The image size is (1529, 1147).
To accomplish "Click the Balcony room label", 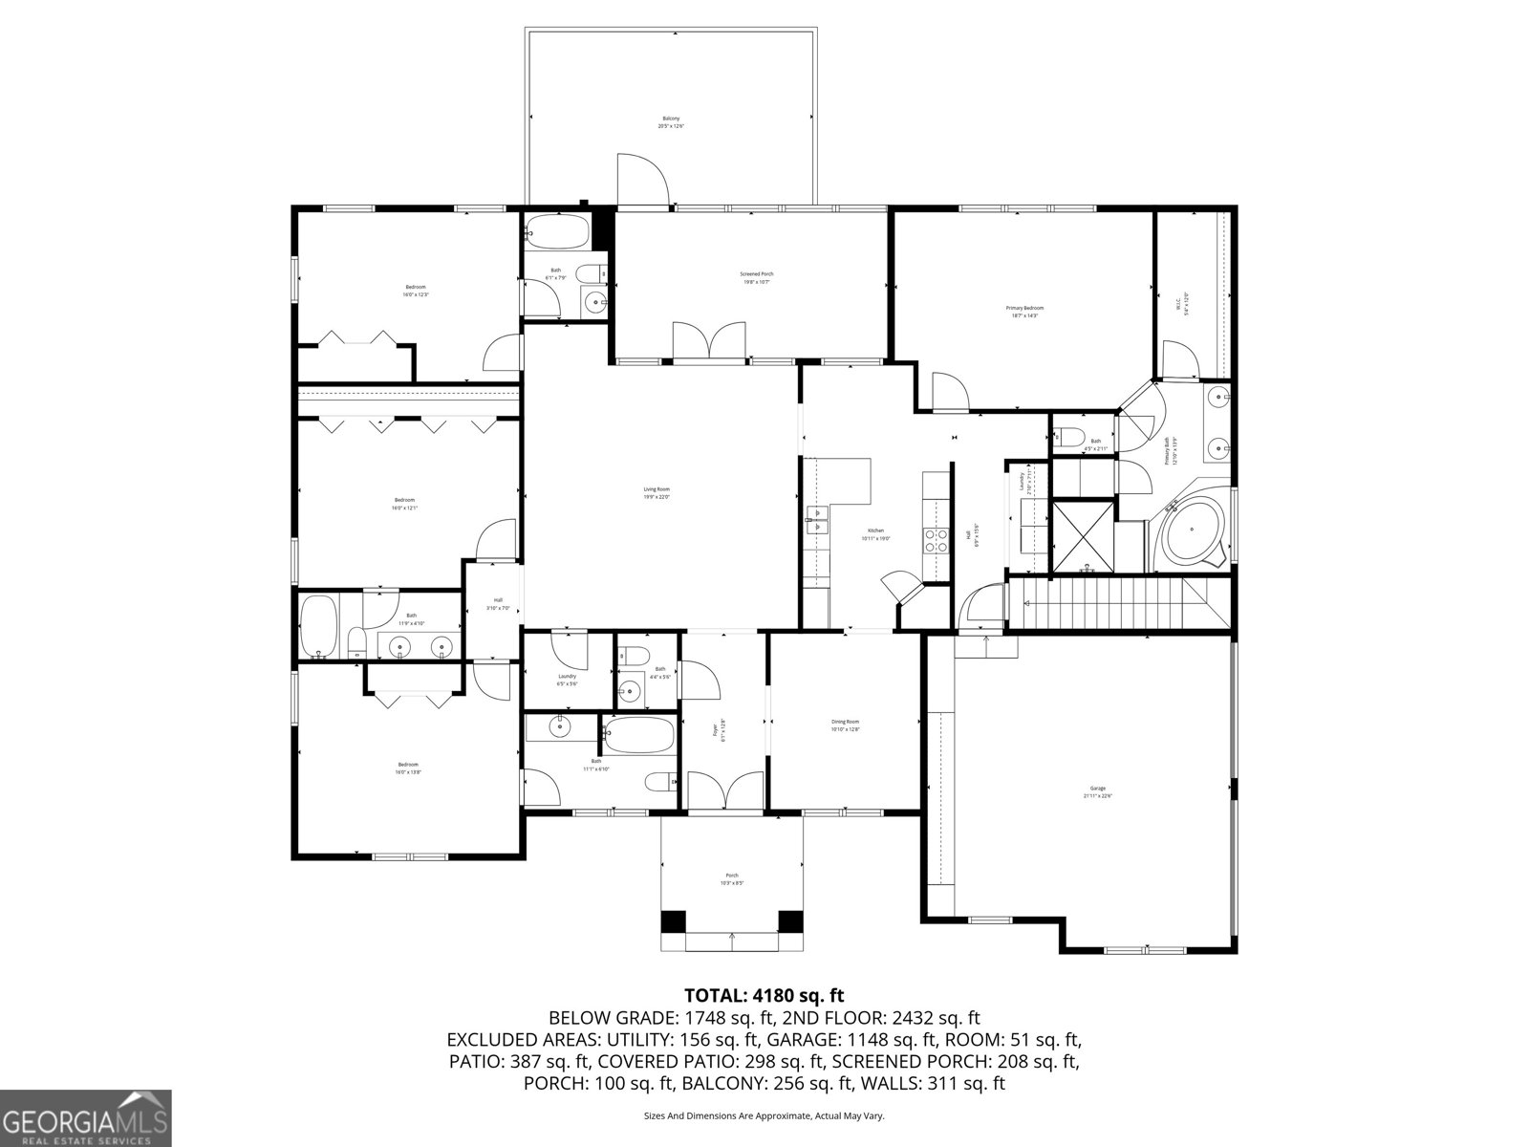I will point(670,122).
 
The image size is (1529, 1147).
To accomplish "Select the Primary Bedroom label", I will point(1024,312).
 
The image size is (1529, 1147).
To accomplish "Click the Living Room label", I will point(656,493).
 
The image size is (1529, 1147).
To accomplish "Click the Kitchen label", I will point(876,534).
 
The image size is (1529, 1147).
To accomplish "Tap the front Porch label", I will point(732,879).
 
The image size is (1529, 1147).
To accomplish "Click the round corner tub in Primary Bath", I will point(1193,531).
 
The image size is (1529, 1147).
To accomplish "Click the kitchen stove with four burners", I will point(936,541).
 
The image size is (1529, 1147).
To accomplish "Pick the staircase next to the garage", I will point(1118,604).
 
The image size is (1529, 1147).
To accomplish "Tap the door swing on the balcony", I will point(642,180).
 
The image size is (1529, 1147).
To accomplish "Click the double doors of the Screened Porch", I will point(708,341).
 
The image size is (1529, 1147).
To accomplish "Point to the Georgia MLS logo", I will point(85,1117).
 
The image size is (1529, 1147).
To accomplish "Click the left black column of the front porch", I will point(674,922).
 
